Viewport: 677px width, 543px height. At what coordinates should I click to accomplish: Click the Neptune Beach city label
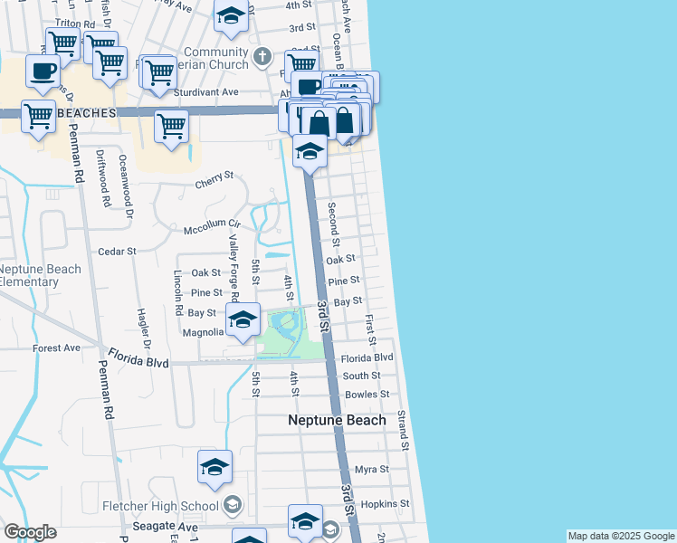(x=337, y=420)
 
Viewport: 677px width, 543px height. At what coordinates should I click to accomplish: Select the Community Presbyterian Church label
(x=215, y=59)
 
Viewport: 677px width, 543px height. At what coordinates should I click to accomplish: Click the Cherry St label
(x=215, y=186)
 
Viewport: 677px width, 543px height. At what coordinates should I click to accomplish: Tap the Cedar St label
(x=117, y=251)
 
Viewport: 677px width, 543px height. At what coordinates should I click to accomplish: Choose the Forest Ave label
(x=56, y=348)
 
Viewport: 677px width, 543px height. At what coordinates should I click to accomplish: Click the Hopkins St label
(x=385, y=503)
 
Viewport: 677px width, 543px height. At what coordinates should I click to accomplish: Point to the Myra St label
(x=371, y=469)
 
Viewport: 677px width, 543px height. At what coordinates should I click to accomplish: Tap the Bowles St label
(x=367, y=394)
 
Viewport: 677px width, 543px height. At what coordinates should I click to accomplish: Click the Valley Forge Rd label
(x=233, y=267)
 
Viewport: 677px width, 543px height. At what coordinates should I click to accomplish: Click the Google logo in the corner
(x=30, y=532)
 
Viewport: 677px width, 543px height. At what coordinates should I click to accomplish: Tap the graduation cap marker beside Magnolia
(x=243, y=319)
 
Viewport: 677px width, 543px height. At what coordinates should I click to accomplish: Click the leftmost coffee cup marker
(x=43, y=70)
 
